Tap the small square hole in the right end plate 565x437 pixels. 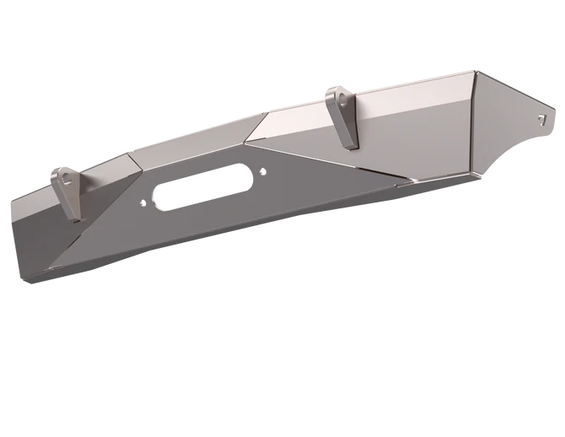541,113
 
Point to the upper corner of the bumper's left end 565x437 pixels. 13,203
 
